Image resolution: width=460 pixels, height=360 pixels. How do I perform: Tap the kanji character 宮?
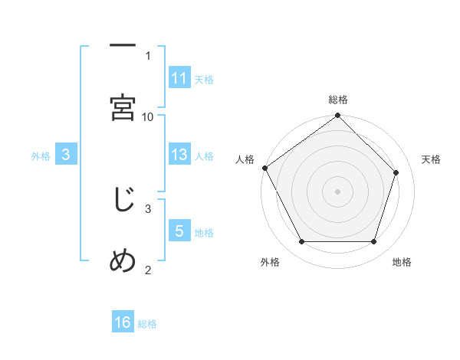(123, 107)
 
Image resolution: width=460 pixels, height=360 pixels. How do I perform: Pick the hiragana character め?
(123, 261)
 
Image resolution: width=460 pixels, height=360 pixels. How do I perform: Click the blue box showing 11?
(179, 77)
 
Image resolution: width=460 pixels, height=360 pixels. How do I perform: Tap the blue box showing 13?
(179, 155)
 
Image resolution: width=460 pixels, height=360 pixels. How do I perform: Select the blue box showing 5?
(179, 231)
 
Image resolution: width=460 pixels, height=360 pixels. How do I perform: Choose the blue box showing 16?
(123, 322)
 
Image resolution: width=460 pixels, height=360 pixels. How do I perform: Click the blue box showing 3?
(66, 155)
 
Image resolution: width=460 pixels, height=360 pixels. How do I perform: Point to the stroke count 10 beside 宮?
(148, 116)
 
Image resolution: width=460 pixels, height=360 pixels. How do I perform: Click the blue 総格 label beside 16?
(147, 324)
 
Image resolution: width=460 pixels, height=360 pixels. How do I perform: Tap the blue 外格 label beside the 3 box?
(41, 155)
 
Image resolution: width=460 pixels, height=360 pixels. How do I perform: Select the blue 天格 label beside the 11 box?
(204, 79)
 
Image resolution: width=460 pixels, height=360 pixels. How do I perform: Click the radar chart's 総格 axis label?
(338, 100)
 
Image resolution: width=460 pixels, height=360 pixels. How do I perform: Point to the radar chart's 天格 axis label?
(431, 159)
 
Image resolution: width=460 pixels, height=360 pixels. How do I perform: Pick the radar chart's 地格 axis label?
(402, 262)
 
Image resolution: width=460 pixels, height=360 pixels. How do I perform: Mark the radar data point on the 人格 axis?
(264, 168)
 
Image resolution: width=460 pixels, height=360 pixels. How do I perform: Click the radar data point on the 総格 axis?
(337, 116)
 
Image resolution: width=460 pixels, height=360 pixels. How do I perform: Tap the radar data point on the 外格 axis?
(301, 242)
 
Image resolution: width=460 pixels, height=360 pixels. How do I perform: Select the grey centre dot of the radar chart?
(337, 191)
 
